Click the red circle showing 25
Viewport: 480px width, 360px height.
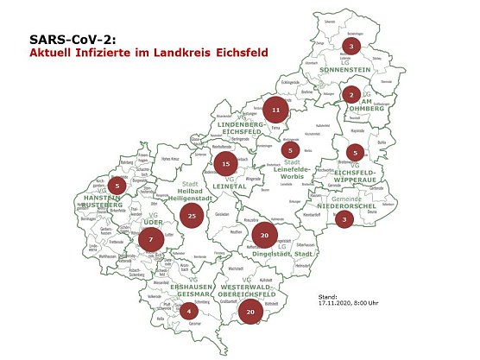click(x=193, y=216)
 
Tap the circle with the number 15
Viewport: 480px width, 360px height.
click(x=225, y=163)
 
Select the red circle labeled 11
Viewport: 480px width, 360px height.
click(x=275, y=111)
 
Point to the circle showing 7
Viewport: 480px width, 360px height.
click(x=152, y=238)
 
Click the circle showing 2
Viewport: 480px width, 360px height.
click(x=351, y=94)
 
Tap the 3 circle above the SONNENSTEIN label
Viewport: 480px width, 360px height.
click(x=351, y=45)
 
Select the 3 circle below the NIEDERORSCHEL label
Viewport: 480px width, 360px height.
click(x=344, y=219)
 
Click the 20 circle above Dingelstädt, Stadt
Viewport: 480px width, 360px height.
click(x=265, y=236)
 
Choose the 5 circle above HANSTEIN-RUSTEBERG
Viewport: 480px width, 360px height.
click(x=119, y=185)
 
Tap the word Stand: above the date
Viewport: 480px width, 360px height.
click(x=329, y=294)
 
